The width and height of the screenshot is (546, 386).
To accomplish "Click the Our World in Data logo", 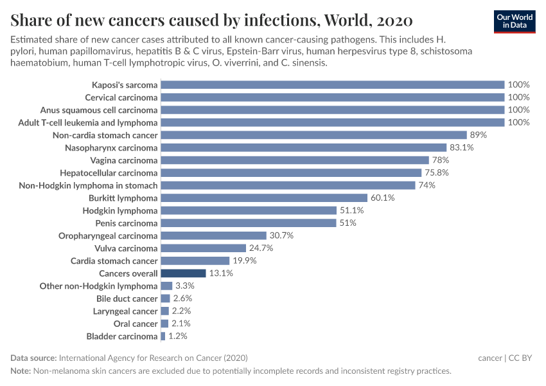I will tap(515, 21).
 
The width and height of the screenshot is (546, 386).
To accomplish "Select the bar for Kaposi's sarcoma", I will tap(332, 84).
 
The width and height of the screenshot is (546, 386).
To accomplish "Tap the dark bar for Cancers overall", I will tap(183, 273).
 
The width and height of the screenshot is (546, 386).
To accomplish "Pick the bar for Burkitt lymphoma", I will tap(263, 198).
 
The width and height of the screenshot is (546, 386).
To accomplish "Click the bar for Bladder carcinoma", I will tap(163, 336).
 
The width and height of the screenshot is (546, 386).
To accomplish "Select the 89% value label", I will tap(479, 135).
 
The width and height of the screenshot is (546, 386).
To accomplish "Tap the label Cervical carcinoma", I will tap(121, 97).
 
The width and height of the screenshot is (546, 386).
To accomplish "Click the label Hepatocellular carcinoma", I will tap(109, 173).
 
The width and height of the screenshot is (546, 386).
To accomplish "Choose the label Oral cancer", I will tap(135, 324).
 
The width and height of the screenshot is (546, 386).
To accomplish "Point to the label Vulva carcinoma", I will tap(126, 248).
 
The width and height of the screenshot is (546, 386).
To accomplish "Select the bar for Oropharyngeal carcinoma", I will tap(213, 235).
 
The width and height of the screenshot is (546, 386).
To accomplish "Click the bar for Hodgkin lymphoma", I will tap(249, 210).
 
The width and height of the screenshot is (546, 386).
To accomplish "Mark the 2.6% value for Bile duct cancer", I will tap(182, 299).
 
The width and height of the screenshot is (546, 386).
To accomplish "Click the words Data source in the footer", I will tap(33, 358).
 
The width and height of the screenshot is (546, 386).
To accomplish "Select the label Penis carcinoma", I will tap(126, 223).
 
